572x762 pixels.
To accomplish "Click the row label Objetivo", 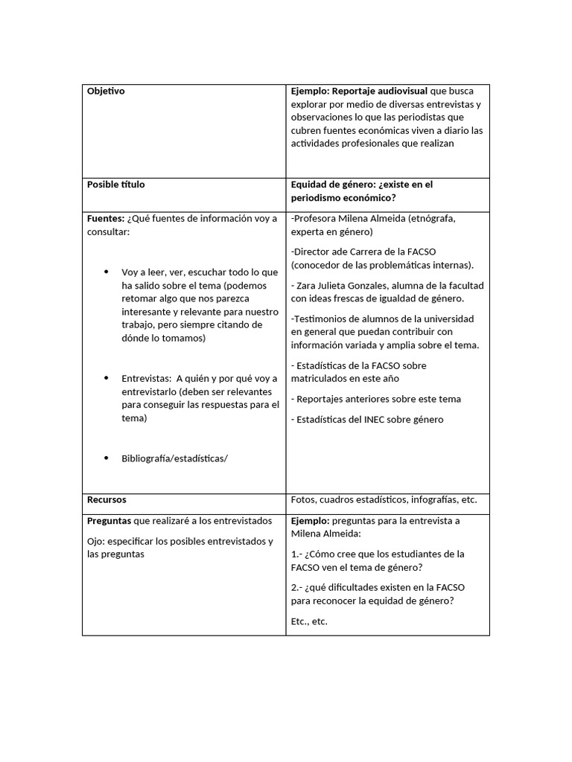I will (x=106, y=91).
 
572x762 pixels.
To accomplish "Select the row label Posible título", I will (x=116, y=184).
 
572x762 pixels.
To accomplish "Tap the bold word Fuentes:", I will (x=106, y=218).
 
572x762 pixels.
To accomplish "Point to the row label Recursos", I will (x=107, y=499).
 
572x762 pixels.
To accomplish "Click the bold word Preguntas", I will (x=109, y=521).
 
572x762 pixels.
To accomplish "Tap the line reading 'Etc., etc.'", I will (x=309, y=621).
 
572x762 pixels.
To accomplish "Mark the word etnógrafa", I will (x=430, y=218).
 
